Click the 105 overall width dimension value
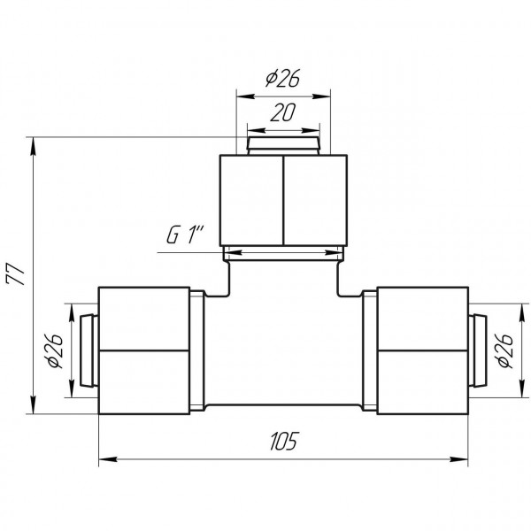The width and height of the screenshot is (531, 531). coord(284,441)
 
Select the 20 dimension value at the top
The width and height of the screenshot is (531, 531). coord(283,112)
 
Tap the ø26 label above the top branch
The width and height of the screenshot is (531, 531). coord(283,78)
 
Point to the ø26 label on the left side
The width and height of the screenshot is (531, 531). coord(55,350)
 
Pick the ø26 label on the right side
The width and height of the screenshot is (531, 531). coord(504,350)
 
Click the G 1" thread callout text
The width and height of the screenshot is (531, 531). coord(185,235)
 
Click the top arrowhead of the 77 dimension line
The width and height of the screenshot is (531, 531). coord(33,146)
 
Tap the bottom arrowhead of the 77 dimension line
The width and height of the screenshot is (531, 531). coord(33,404)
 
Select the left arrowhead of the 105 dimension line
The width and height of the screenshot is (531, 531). coord(108,459)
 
